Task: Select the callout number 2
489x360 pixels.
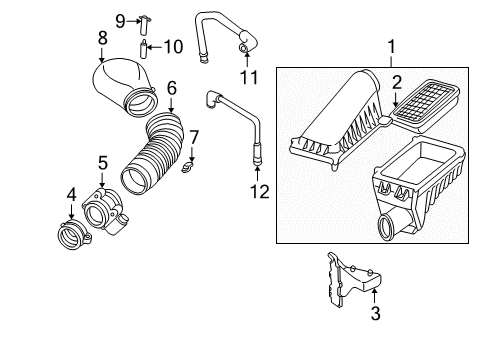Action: (x=396, y=82)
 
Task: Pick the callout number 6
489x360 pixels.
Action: (x=171, y=87)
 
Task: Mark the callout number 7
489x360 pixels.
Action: (x=195, y=136)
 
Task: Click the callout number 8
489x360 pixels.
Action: (x=102, y=38)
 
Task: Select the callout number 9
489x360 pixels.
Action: (x=119, y=20)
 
